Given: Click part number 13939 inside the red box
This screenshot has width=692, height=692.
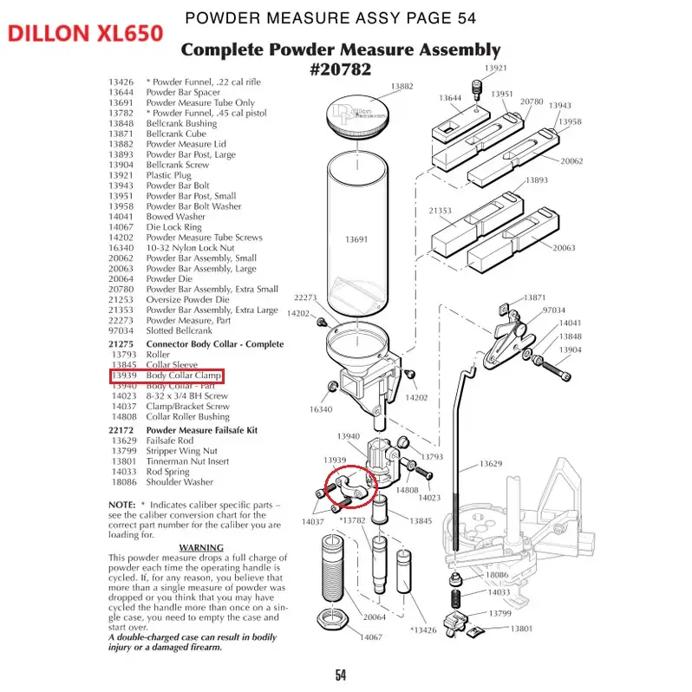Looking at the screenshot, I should pos(124,375).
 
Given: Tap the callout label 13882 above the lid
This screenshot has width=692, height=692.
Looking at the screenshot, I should pos(401,87).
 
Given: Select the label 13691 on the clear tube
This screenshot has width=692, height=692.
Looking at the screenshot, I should pos(357,238).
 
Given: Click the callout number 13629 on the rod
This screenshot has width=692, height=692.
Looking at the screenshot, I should pos(492,465).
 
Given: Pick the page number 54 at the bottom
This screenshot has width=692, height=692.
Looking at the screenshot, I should pos(341,675).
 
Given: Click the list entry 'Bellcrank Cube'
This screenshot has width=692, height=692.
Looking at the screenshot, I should pos(176,134).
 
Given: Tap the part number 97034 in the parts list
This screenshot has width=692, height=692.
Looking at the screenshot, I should pos(121,330).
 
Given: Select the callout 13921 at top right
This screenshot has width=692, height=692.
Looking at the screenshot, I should pos(495,68).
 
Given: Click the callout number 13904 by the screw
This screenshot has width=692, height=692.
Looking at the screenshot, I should pos(570,349).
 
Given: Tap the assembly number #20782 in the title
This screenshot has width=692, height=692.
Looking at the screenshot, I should pos(340,70).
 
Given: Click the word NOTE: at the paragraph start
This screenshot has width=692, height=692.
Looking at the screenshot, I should pos(121,504).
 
